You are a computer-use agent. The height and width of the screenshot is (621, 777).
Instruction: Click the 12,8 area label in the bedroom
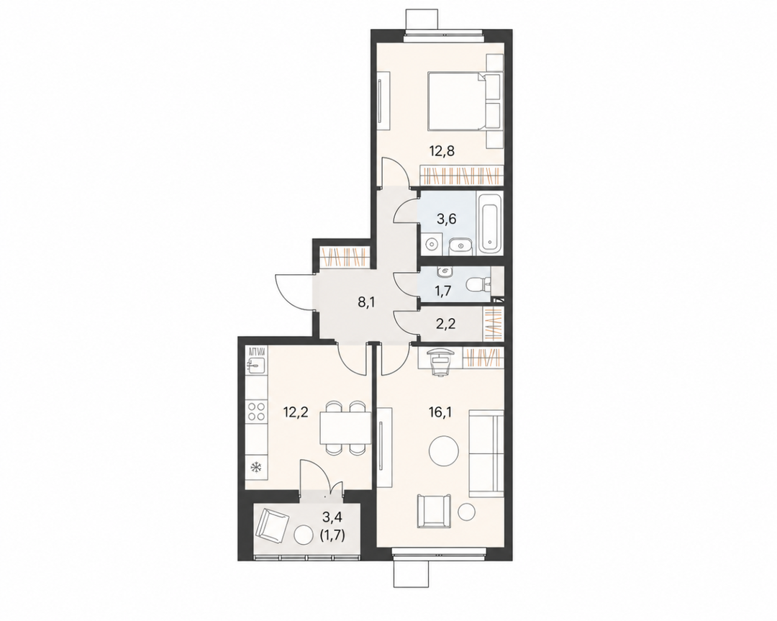click(x=442, y=150)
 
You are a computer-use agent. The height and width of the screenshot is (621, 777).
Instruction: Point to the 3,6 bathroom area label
click(x=445, y=219)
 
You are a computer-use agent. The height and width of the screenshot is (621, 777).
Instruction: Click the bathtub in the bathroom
click(x=490, y=224)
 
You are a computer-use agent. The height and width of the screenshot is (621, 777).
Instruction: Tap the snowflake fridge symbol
click(x=256, y=467)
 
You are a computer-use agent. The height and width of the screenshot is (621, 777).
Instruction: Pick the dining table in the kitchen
click(x=345, y=427)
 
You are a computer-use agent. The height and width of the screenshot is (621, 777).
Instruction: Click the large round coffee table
click(x=443, y=451)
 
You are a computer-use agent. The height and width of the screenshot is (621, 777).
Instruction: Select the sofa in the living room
click(x=486, y=453)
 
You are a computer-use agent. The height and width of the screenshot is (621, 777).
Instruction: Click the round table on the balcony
click(x=303, y=535)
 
